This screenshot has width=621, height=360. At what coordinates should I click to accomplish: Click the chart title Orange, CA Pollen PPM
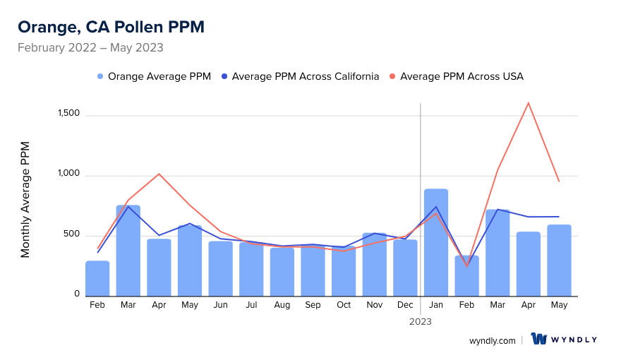pos(111,27)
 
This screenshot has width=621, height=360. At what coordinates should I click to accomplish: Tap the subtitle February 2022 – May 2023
pos(90,48)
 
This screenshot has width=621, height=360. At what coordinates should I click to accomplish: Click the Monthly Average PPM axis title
pos(25,200)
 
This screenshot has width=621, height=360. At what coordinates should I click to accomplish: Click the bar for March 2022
pos(128,251)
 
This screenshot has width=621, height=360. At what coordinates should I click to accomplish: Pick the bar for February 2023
pos(466,275)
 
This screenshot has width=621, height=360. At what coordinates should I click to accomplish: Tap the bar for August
pos(282,272)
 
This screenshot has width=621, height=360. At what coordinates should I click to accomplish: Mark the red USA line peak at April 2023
pos(528,103)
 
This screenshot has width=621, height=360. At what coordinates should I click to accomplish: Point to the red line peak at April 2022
pos(159,174)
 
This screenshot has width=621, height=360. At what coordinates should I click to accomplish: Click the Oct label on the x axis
pos(344,305)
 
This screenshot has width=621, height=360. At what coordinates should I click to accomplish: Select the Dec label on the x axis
pos(405,305)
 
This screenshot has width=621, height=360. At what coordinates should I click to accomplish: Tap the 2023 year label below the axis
pos(421,321)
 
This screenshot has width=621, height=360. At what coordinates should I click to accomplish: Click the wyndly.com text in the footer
pos(492,340)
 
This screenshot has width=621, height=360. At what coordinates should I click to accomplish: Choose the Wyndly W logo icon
pos(539,340)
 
